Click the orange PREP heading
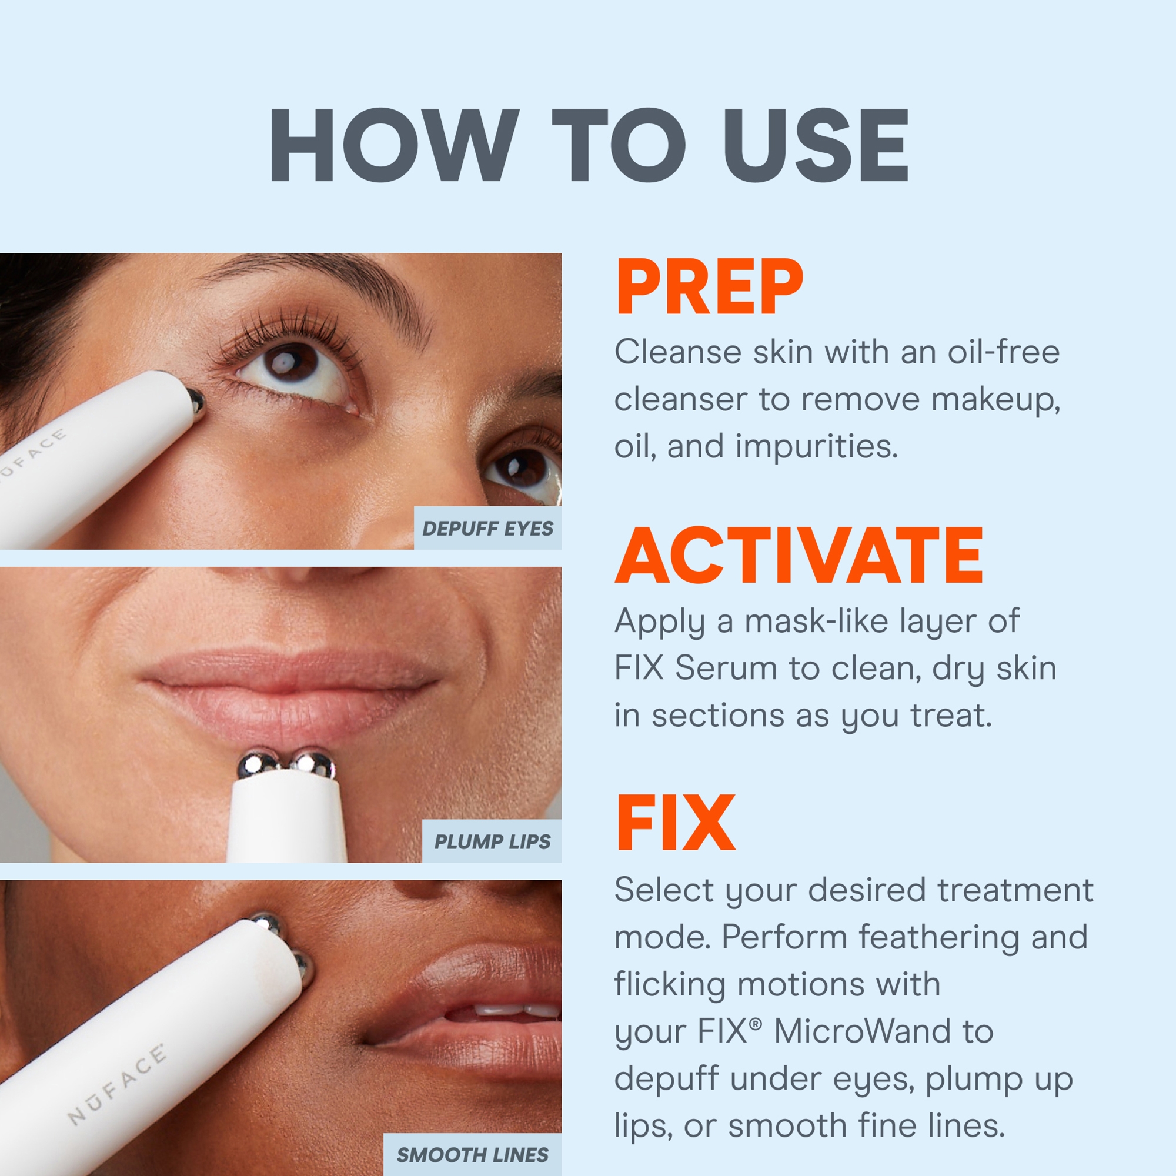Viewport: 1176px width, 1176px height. coord(709,288)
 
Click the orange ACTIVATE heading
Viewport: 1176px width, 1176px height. coord(799,556)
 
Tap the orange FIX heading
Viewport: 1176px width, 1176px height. coord(675,824)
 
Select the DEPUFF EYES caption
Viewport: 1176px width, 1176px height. coord(487,529)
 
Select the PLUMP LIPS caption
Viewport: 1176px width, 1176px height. coord(492,842)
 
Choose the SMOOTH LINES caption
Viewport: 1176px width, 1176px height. coord(472,1155)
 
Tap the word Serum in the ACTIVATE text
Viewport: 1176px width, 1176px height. coord(726,669)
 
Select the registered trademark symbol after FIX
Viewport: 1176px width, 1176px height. coord(756,1024)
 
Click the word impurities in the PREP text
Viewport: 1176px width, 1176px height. coord(816,447)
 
